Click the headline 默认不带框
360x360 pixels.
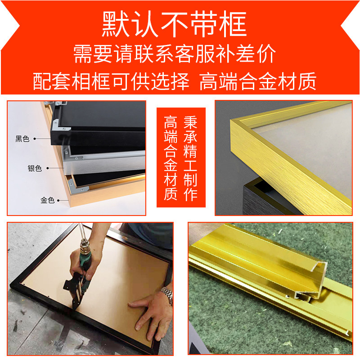tap(174, 24)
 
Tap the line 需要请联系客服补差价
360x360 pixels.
tap(175, 54)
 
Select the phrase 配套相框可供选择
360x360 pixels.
tap(111, 81)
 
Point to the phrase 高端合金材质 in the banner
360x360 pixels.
tap(258, 81)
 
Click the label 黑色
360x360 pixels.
tap(22, 139)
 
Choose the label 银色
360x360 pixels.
tap(35, 168)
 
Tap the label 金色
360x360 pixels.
tap(48, 200)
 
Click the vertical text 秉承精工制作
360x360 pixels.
tap(190, 158)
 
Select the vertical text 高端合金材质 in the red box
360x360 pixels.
tap(171, 158)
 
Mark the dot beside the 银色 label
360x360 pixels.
tap(48, 168)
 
